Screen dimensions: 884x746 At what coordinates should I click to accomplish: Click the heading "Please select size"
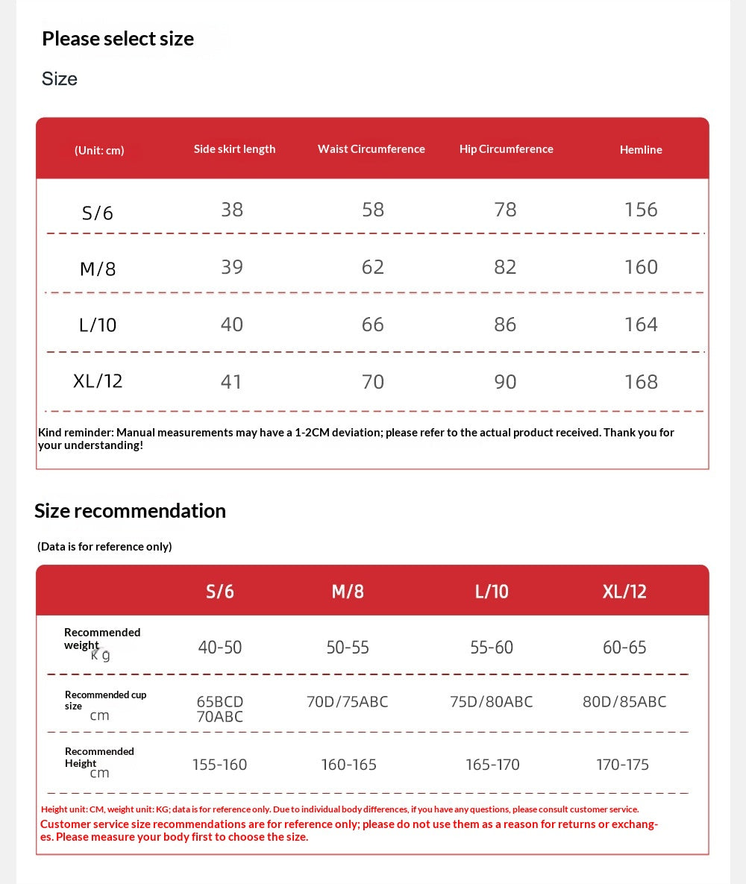coord(118,39)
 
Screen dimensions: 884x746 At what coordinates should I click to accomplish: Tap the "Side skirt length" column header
coord(234,149)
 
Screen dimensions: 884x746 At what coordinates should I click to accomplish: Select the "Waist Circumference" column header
coord(371,149)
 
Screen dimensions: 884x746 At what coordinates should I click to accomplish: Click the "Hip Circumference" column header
coord(506,149)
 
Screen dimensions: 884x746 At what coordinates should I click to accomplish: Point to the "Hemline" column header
coord(641,150)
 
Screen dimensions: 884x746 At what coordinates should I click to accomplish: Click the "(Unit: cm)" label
coord(99,150)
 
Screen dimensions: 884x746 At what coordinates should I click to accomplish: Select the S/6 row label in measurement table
coord(98,213)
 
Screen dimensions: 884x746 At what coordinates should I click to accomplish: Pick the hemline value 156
coord(641,210)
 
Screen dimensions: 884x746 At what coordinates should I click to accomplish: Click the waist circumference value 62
coord(372,267)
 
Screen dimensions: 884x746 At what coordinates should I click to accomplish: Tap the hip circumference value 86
coord(505,325)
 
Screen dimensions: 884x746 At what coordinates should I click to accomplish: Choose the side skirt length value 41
coord(231,382)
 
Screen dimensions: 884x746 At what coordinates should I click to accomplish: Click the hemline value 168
coord(641,382)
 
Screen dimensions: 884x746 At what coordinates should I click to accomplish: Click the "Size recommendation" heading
coord(130,511)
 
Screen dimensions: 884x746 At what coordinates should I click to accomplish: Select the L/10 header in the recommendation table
coord(492,592)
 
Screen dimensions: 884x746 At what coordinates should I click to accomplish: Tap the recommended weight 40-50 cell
coord(220,648)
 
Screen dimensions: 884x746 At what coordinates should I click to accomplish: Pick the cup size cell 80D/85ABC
coord(624,702)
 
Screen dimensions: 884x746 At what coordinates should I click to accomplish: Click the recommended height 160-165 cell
coord(348,765)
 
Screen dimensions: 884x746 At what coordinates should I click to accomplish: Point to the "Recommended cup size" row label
coord(104,700)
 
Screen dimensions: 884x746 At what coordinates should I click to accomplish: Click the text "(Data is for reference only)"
coord(104,547)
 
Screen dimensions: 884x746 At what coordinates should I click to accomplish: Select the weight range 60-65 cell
coord(624,648)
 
